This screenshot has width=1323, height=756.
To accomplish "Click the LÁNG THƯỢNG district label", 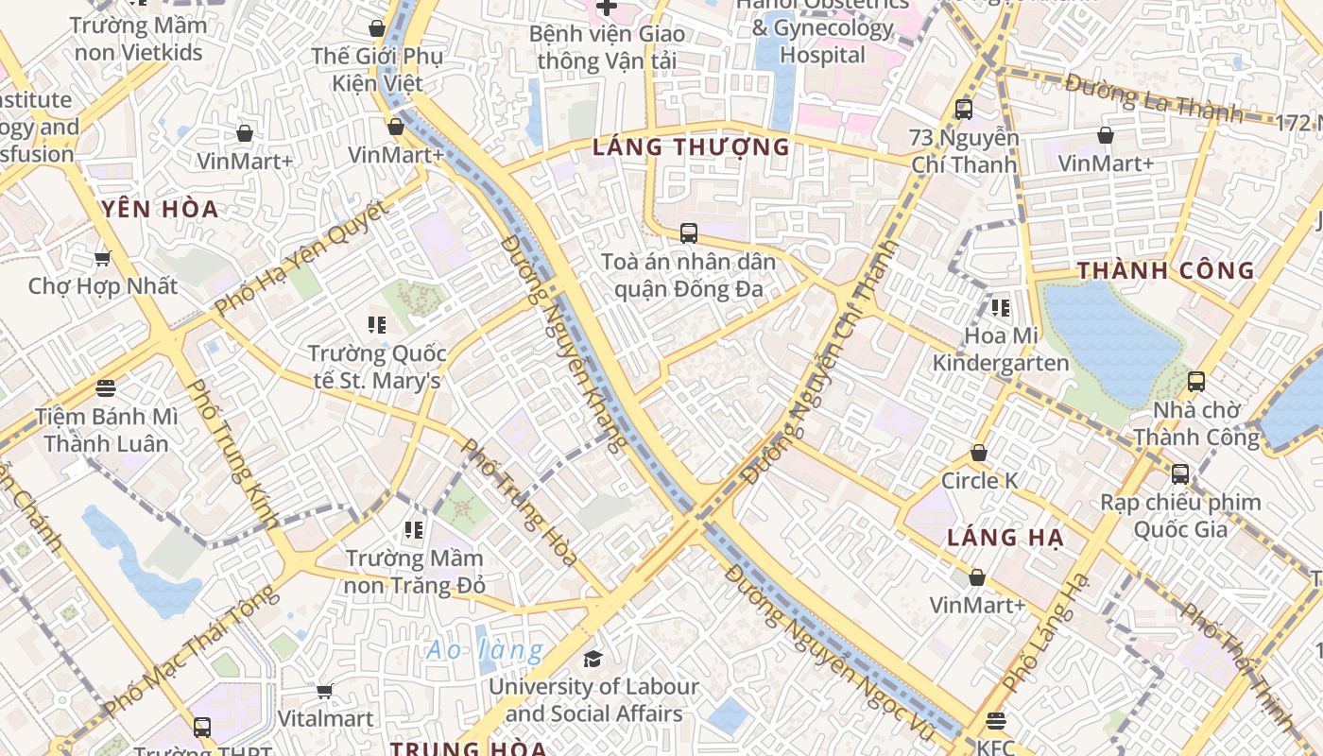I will pos(691,146).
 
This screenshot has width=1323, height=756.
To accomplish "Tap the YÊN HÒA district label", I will pos(160,209).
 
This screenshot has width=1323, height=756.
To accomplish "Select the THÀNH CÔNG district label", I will pos(1166,271).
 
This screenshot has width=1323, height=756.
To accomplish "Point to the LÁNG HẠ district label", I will pos(1005,539).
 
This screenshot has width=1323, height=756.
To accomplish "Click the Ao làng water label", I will pos(485,650).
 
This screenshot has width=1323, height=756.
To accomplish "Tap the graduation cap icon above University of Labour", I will pos(593,659).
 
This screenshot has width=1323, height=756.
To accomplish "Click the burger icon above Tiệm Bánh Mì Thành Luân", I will pos(106,387).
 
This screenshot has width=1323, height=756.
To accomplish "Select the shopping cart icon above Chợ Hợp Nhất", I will pos(102,258).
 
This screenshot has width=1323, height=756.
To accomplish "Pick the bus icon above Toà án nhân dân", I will pos(689,232).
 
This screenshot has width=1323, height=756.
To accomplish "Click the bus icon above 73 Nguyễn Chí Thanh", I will pos(964,109).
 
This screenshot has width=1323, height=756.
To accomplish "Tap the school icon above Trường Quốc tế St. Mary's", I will pos(377,325).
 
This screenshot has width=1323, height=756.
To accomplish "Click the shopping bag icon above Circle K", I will pos(979,454).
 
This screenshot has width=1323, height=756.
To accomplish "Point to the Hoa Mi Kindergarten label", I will pos(1001,349).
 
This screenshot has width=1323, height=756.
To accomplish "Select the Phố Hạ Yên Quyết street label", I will pos(301,258).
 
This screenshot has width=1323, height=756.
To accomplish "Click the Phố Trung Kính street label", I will pos(232,454).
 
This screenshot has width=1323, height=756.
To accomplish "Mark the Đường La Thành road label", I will pos(1153,98).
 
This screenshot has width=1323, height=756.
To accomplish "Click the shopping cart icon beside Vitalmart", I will pos(325,692).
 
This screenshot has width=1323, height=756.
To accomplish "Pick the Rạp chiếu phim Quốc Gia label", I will pos(1180,515).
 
